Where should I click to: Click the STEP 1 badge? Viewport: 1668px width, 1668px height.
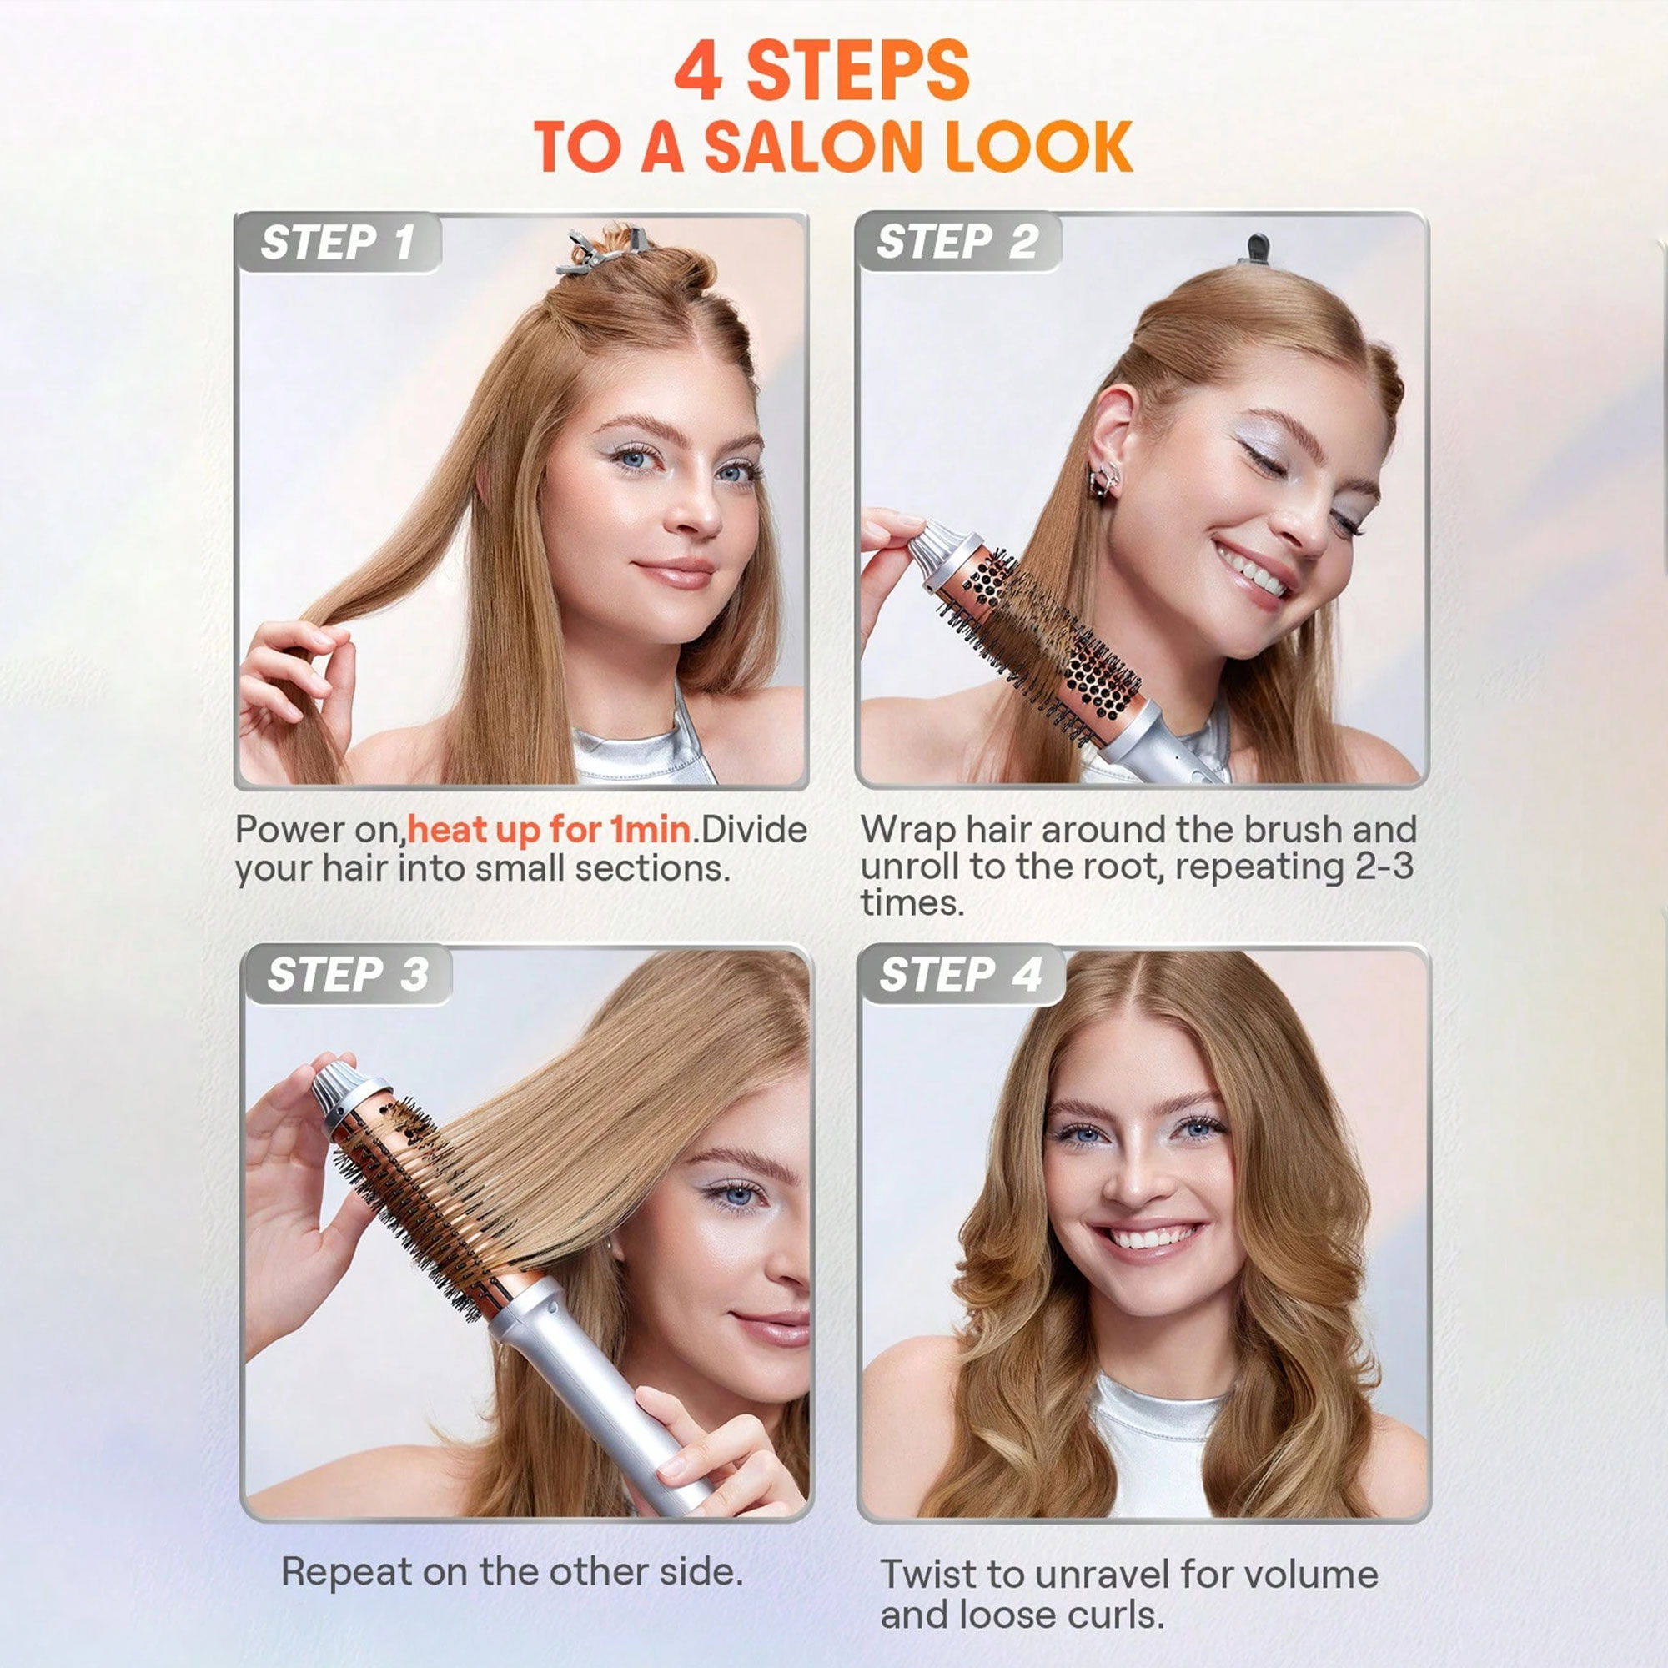338,243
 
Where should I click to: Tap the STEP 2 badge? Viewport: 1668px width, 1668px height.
957,242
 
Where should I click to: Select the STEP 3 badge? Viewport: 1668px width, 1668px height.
347,975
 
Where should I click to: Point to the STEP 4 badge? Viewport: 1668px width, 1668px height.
961,975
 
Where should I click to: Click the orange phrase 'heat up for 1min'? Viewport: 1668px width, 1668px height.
549,830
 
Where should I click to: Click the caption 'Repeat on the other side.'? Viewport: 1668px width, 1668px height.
512,1572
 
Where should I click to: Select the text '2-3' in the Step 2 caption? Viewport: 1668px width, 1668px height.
1384,866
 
